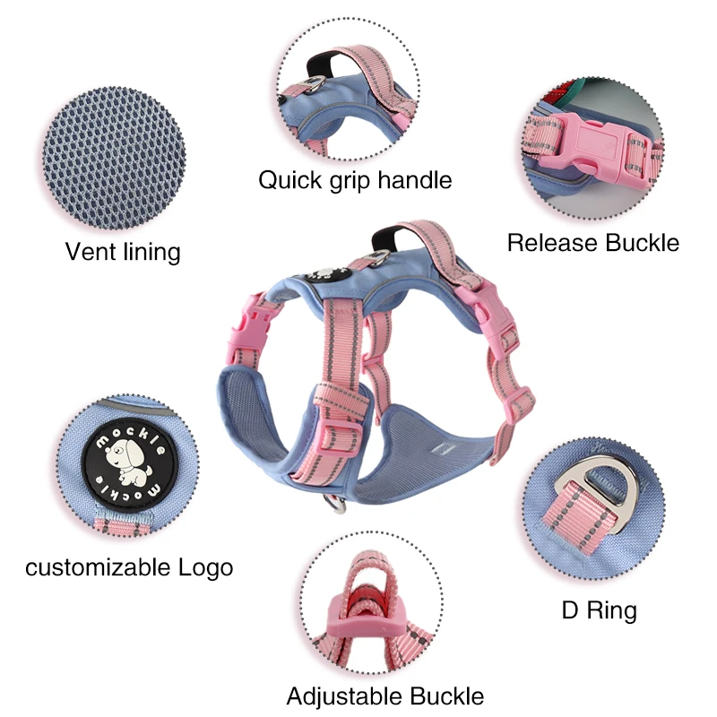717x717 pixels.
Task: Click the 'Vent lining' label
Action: point(123,251)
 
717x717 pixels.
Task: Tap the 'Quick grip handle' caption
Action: point(355,179)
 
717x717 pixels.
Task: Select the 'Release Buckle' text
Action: point(593,242)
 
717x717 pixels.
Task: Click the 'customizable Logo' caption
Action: point(129,566)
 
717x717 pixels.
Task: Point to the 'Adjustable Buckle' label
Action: point(385,695)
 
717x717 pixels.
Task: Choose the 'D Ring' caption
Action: point(599,611)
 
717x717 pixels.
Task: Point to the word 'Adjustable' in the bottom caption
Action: point(344,695)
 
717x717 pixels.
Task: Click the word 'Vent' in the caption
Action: point(91,251)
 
